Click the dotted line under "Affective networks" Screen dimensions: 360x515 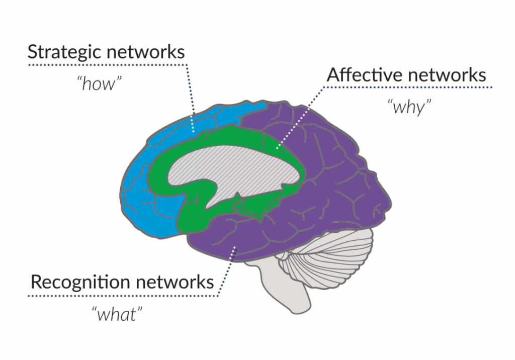coord(407,87)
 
